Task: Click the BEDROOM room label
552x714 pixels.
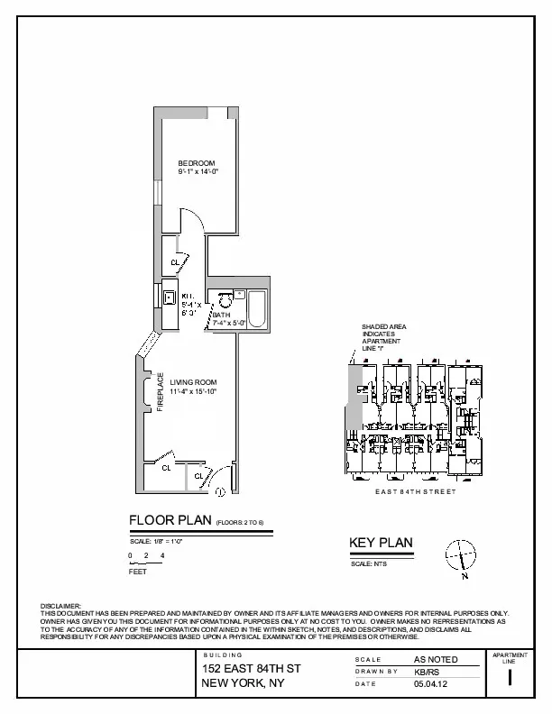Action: point(197,161)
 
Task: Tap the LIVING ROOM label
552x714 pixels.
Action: point(193,382)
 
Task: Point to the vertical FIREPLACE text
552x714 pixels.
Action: point(161,392)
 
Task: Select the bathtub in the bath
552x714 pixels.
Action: point(255,309)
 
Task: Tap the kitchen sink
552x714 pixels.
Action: point(169,297)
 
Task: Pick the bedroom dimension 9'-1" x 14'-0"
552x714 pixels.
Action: point(198,170)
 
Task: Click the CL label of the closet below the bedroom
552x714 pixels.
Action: point(175,262)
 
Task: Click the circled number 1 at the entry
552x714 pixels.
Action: point(220,491)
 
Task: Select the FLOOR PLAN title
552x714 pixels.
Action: point(170,520)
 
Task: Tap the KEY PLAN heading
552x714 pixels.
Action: point(381,542)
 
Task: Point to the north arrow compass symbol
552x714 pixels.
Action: point(460,554)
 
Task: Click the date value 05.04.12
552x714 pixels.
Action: point(429,684)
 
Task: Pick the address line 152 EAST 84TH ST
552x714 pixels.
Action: point(251,669)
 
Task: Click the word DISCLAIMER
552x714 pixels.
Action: point(61,606)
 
